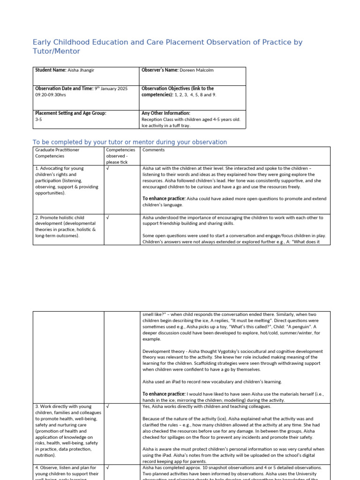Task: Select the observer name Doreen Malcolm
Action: (197, 70)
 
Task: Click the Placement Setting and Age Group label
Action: (71, 113)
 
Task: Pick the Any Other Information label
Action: (166, 113)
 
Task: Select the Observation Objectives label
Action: (178, 88)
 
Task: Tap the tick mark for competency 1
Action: (108, 168)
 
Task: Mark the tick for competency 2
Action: (108, 217)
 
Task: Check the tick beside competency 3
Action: (108, 406)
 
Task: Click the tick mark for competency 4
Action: (108, 467)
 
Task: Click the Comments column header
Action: (153, 150)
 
